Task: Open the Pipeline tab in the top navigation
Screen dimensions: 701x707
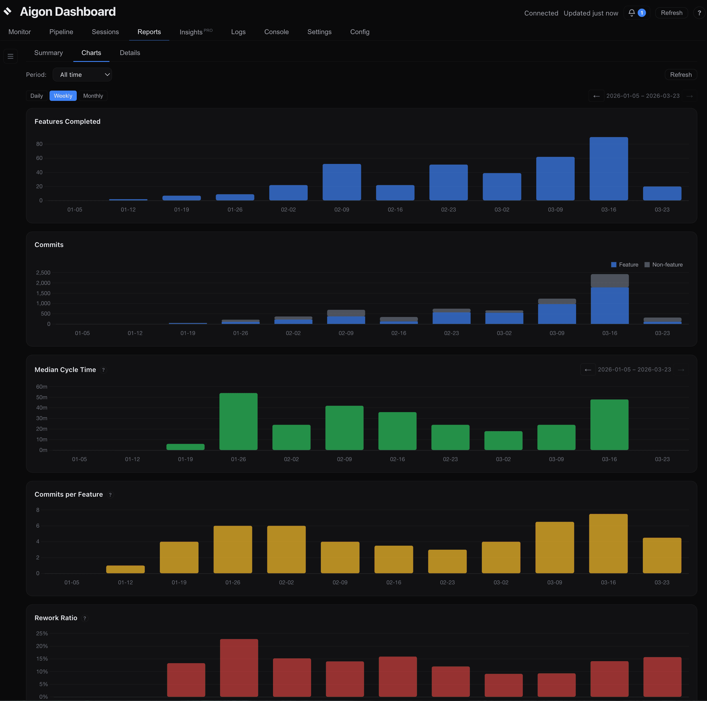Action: coord(61,32)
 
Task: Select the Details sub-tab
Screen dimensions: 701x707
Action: coord(130,53)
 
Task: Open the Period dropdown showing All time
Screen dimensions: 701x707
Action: coord(82,75)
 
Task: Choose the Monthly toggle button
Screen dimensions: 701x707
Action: coord(93,96)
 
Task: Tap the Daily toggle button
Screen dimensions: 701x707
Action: coord(37,96)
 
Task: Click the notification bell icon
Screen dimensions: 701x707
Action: coord(632,13)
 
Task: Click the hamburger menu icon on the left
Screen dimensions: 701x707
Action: coord(11,56)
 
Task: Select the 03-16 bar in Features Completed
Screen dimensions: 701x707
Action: coord(608,169)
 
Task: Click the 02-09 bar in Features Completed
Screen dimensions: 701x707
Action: coord(341,182)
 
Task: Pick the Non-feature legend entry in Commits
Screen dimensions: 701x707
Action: coord(663,265)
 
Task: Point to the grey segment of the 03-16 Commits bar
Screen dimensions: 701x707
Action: coord(610,281)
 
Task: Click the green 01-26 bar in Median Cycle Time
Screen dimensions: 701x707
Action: coord(238,421)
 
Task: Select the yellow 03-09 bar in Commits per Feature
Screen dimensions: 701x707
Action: coord(554,547)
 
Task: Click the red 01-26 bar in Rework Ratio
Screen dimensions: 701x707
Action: coord(239,668)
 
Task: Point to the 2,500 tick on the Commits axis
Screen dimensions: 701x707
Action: coord(43,273)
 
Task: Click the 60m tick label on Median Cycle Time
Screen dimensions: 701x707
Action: coord(42,387)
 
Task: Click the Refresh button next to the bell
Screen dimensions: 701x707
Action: coord(671,13)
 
